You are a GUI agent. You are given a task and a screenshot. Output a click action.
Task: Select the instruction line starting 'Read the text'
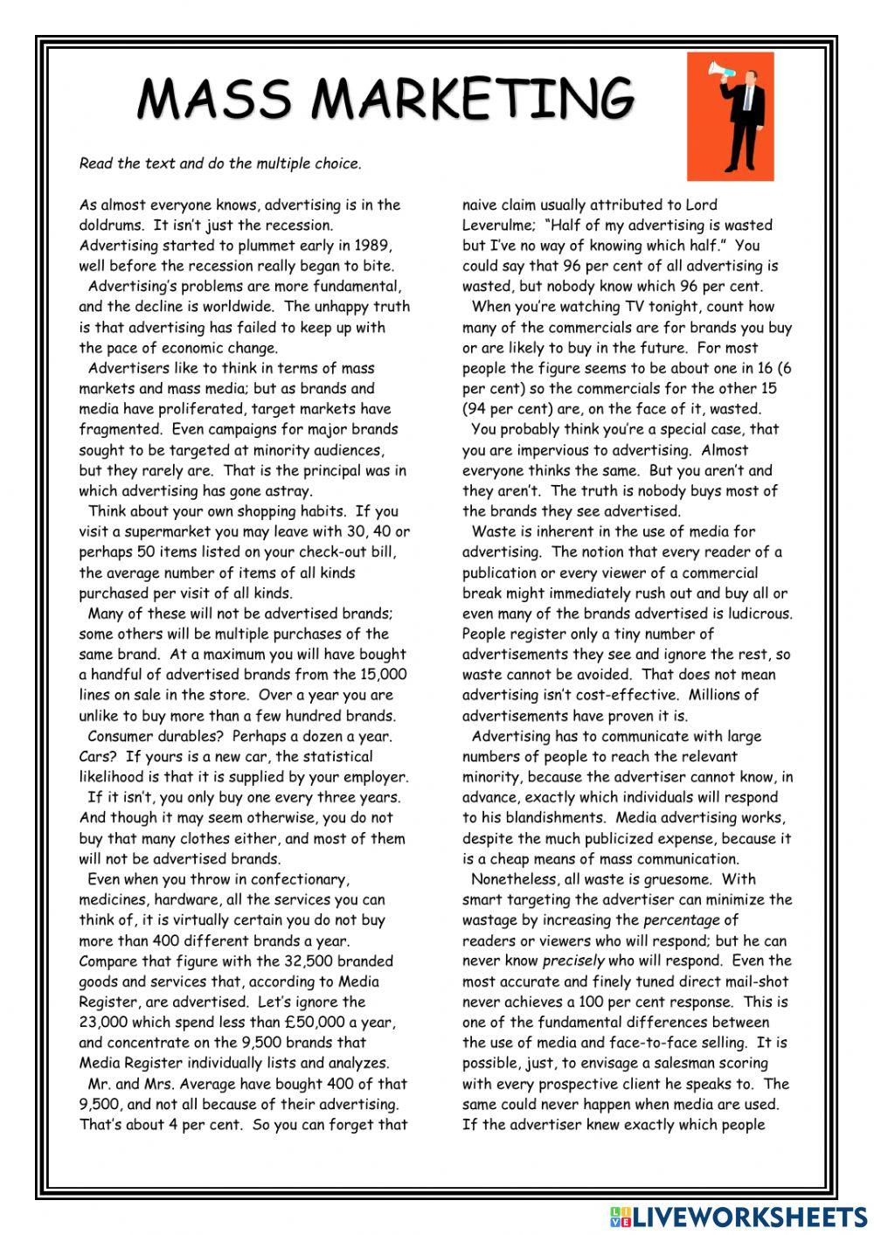click(219, 163)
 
